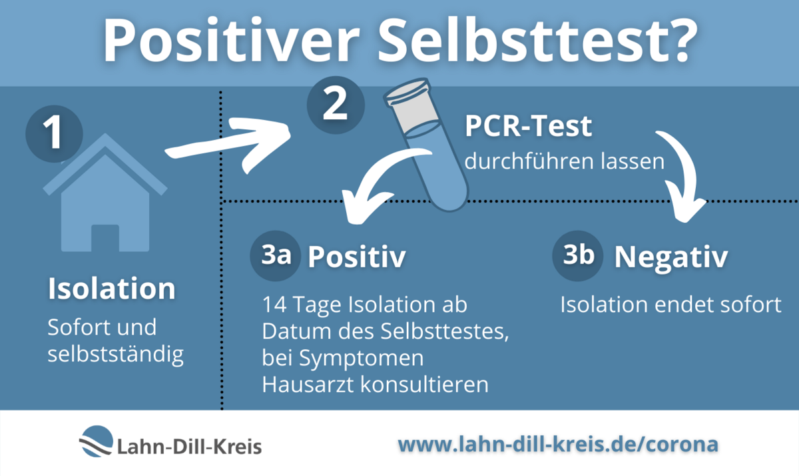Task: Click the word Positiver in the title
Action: tap(231, 40)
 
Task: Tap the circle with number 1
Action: tap(54, 133)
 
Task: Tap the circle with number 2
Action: tap(336, 105)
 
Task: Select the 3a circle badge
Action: tap(276, 256)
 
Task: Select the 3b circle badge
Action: tap(578, 256)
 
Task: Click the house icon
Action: tap(105, 193)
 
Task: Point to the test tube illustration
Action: tap(426, 145)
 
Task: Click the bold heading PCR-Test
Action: tap(528, 126)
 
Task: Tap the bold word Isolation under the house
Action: tap(112, 288)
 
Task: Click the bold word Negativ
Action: tap(671, 257)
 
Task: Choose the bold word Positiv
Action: tap(357, 257)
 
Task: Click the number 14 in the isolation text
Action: tap(274, 305)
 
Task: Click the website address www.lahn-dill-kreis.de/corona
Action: tap(558, 444)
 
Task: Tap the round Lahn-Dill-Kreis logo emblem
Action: tap(97, 441)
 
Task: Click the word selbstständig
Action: tap(116, 355)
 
